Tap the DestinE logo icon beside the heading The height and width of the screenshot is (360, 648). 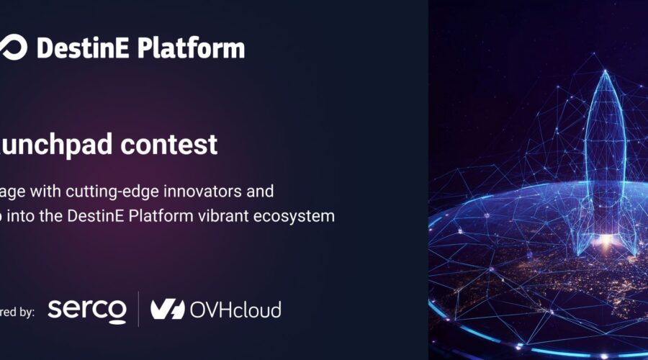13,48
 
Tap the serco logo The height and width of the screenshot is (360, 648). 86,310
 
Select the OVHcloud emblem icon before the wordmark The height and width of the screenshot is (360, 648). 168,310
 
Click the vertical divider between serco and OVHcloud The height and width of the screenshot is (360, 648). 139,310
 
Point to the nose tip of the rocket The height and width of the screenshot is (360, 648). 604,74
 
